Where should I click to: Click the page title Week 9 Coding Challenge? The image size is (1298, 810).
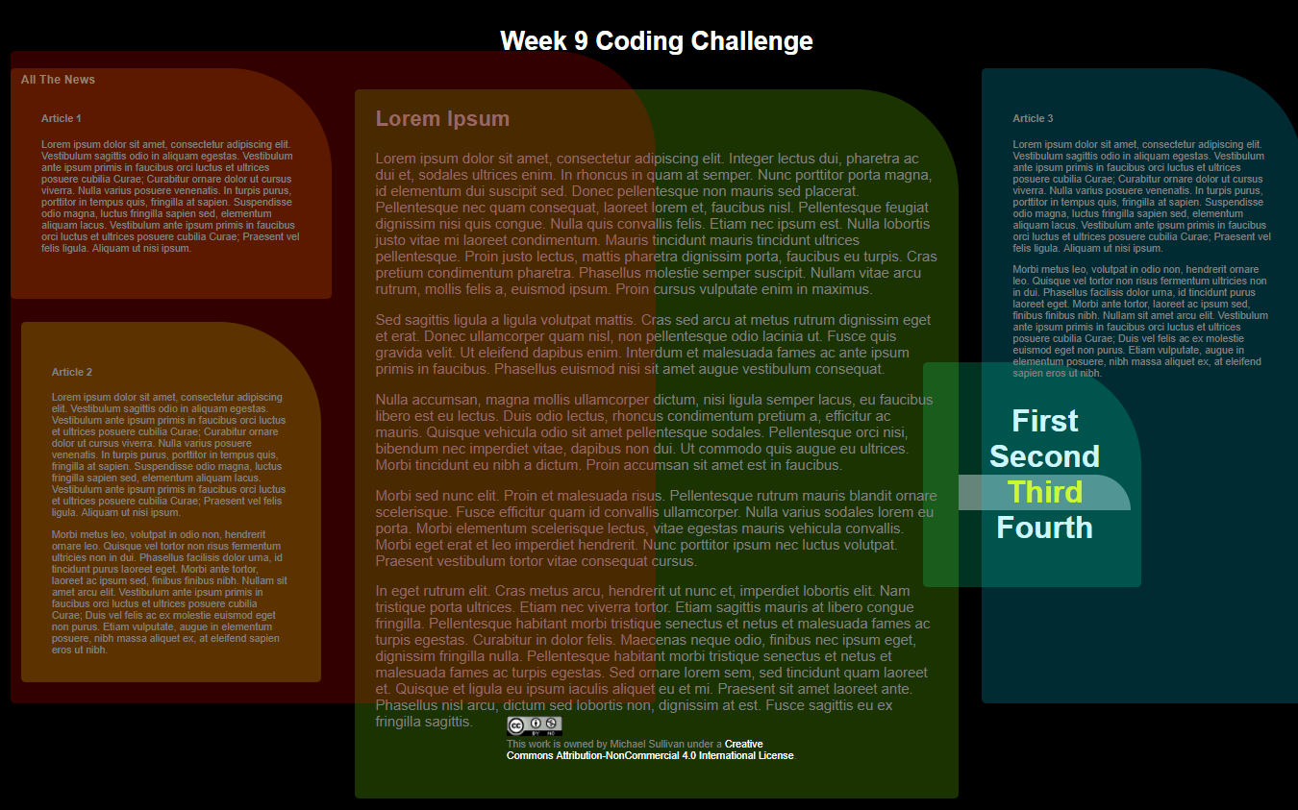click(x=656, y=41)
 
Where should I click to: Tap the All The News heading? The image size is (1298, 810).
click(x=58, y=80)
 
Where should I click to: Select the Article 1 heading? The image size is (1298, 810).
click(x=62, y=118)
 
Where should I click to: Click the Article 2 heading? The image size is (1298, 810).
click(x=72, y=372)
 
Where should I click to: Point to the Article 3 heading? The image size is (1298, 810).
click(x=1033, y=118)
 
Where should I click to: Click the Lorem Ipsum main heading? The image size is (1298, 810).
click(x=442, y=119)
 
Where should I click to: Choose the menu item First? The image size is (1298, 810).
click(x=1045, y=421)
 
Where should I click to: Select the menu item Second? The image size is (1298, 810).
click(x=1044, y=456)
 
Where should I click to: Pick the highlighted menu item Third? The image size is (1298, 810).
click(x=1045, y=492)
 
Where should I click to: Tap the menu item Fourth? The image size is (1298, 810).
click(x=1044, y=528)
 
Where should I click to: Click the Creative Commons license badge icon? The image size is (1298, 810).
click(x=535, y=725)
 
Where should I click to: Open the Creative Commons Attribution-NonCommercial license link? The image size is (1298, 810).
click(x=650, y=755)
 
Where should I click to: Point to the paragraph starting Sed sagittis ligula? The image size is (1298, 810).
click(x=653, y=344)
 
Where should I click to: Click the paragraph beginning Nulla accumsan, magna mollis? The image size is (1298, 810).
click(x=653, y=432)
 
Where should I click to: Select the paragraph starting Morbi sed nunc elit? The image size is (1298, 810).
click(x=653, y=528)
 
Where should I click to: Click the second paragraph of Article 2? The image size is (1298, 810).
click(x=169, y=592)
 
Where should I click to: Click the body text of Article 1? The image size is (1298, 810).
click(x=169, y=196)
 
